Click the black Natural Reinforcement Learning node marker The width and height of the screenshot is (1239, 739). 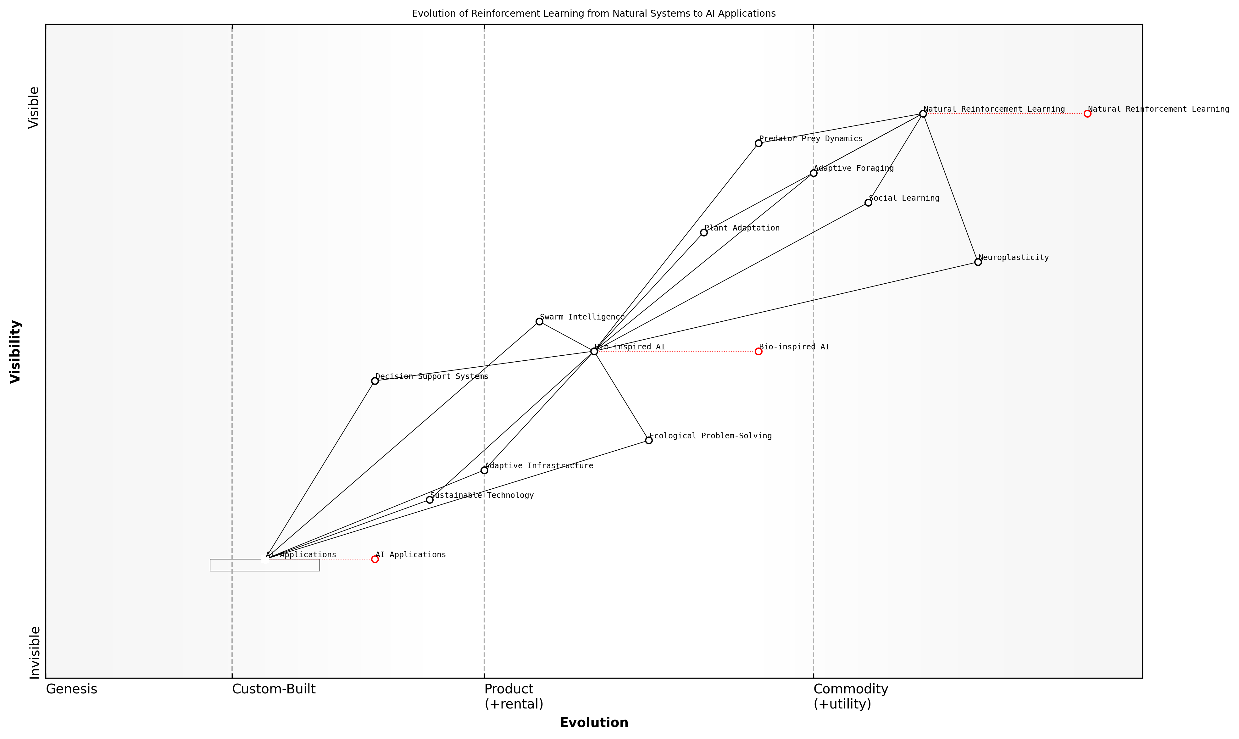[x=923, y=114]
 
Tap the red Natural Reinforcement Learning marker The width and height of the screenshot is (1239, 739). [x=1087, y=114]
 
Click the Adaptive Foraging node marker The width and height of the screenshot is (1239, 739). [x=813, y=173]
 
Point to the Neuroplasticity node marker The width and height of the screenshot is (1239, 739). [x=978, y=262]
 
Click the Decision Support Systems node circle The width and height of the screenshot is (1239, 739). [x=375, y=381]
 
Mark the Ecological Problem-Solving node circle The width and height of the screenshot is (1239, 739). [x=648, y=440]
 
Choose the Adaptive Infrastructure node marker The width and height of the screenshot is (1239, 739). [x=484, y=470]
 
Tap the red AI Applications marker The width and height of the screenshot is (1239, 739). [x=375, y=559]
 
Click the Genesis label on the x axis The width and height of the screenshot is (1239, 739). [x=71, y=689]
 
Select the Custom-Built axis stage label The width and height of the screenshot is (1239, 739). [x=273, y=689]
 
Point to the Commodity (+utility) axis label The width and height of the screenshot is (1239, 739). [x=850, y=696]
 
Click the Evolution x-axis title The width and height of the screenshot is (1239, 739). [x=594, y=723]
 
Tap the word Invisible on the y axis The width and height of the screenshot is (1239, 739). [x=34, y=652]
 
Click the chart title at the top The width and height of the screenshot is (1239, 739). [x=594, y=14]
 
